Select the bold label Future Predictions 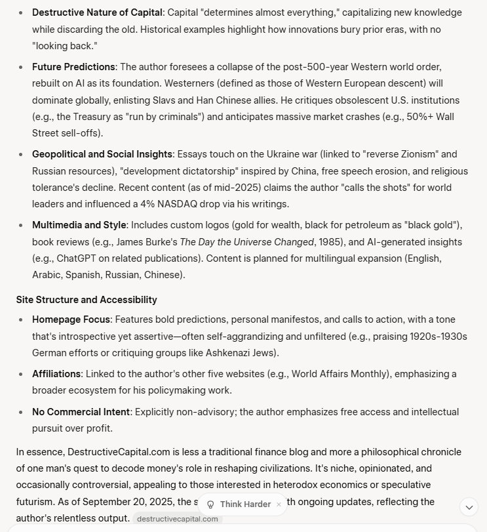click(x=73, y=67)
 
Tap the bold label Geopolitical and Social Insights click(x=102, y=154)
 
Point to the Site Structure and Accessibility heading click(x=87, y=300)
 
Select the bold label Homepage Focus click(x=70, y=319)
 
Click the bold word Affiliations click(x=56, y=374)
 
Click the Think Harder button click(x=245, y=504)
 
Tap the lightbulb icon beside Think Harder click(x=210, y=504)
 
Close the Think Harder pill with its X click(x=279, y=504)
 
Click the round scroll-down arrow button click(x=469, y=506)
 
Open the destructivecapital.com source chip click(x=178, y=519)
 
